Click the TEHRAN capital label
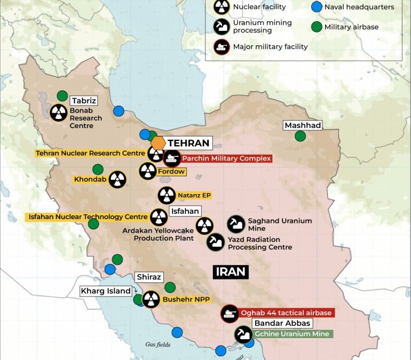click(189, 143)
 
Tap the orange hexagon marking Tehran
click(158, 143)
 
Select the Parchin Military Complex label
click(227, 158)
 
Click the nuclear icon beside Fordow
click(148, 171)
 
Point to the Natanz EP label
click(194, 196)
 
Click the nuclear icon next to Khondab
click(117, 180)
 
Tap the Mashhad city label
click(303, 125)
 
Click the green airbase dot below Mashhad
click(301, 136)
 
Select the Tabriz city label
click(84, 100)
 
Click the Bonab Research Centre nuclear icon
click(59, 113)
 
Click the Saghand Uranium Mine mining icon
click(236, 224)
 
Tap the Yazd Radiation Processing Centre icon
click(216, 243)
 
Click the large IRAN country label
click(231, 271)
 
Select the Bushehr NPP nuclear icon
click(151, 300)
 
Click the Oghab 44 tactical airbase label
click(286, 313)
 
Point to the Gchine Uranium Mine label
click(291, 334)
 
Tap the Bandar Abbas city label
click(282, 323)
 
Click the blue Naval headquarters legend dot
click(317, 7)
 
